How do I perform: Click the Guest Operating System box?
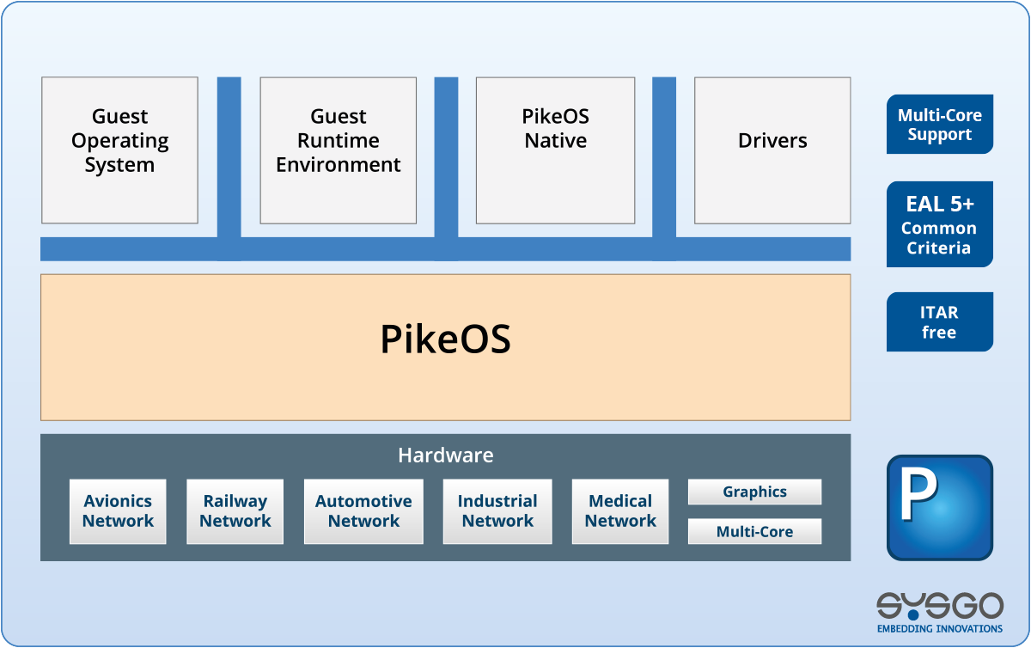click(x=119, y=150)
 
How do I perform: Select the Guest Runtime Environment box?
click(x=339, y=150)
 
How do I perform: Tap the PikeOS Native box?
click(x=555, y=150)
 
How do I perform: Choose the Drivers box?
click(x=772, y=150)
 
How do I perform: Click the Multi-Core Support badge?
click(x=939, y=125)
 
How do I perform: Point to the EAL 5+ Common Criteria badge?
click(x=939, y=224)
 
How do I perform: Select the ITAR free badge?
click(x=939, y=322)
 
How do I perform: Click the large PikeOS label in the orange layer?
click(x=445, y=339)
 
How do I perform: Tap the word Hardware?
click(x=445, y=455)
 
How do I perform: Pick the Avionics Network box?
click(x=118, y=511)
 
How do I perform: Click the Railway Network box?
click(x=235, y=511)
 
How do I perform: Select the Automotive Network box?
click(x=363, y=511)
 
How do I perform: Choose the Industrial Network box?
click(x=497, y=511)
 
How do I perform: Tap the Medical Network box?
click(x=620, y=511)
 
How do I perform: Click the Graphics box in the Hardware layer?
click(x=754, y=492)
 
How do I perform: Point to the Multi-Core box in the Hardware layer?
click(x=754, y=531)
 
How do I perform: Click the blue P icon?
click(x=939, y=507)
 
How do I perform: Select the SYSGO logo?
click(x=939, y=606)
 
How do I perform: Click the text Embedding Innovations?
click(x=939, y=628)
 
